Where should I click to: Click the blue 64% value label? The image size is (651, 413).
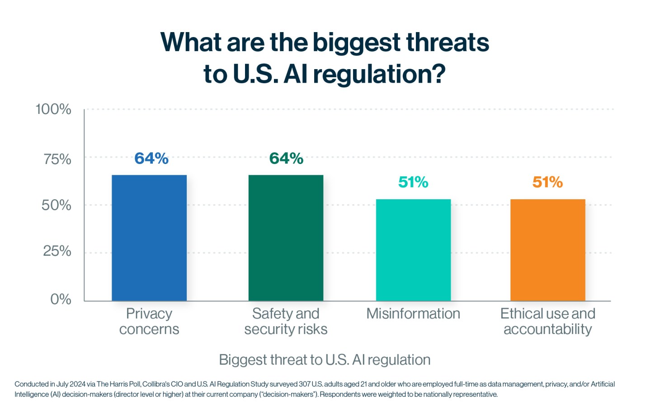click(x=151, y=159)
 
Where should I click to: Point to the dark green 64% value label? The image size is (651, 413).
click(x=286, y=159)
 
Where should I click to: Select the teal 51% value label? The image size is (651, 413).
click(x=413, y=182)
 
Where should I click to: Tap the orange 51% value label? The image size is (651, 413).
click(x=547, y=182)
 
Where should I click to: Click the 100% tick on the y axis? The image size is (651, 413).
click(x=53, y=109)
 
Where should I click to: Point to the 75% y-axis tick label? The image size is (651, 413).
click(x=57, y=159)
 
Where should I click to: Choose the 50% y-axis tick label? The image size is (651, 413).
click(x=57, y=205)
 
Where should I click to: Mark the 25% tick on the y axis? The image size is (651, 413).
click(x=57, y=251)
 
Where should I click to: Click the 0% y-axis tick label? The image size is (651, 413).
click(x=61, y=299)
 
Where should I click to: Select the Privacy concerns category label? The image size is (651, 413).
click(x=149, y=321)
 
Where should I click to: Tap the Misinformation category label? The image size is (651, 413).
click(x=413, y=314)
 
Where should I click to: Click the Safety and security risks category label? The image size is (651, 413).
click(x=286, y=321)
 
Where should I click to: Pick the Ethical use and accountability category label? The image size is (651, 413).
click(x=547, y=321)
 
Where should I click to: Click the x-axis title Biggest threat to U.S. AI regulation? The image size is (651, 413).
click(x=325, y=360)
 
